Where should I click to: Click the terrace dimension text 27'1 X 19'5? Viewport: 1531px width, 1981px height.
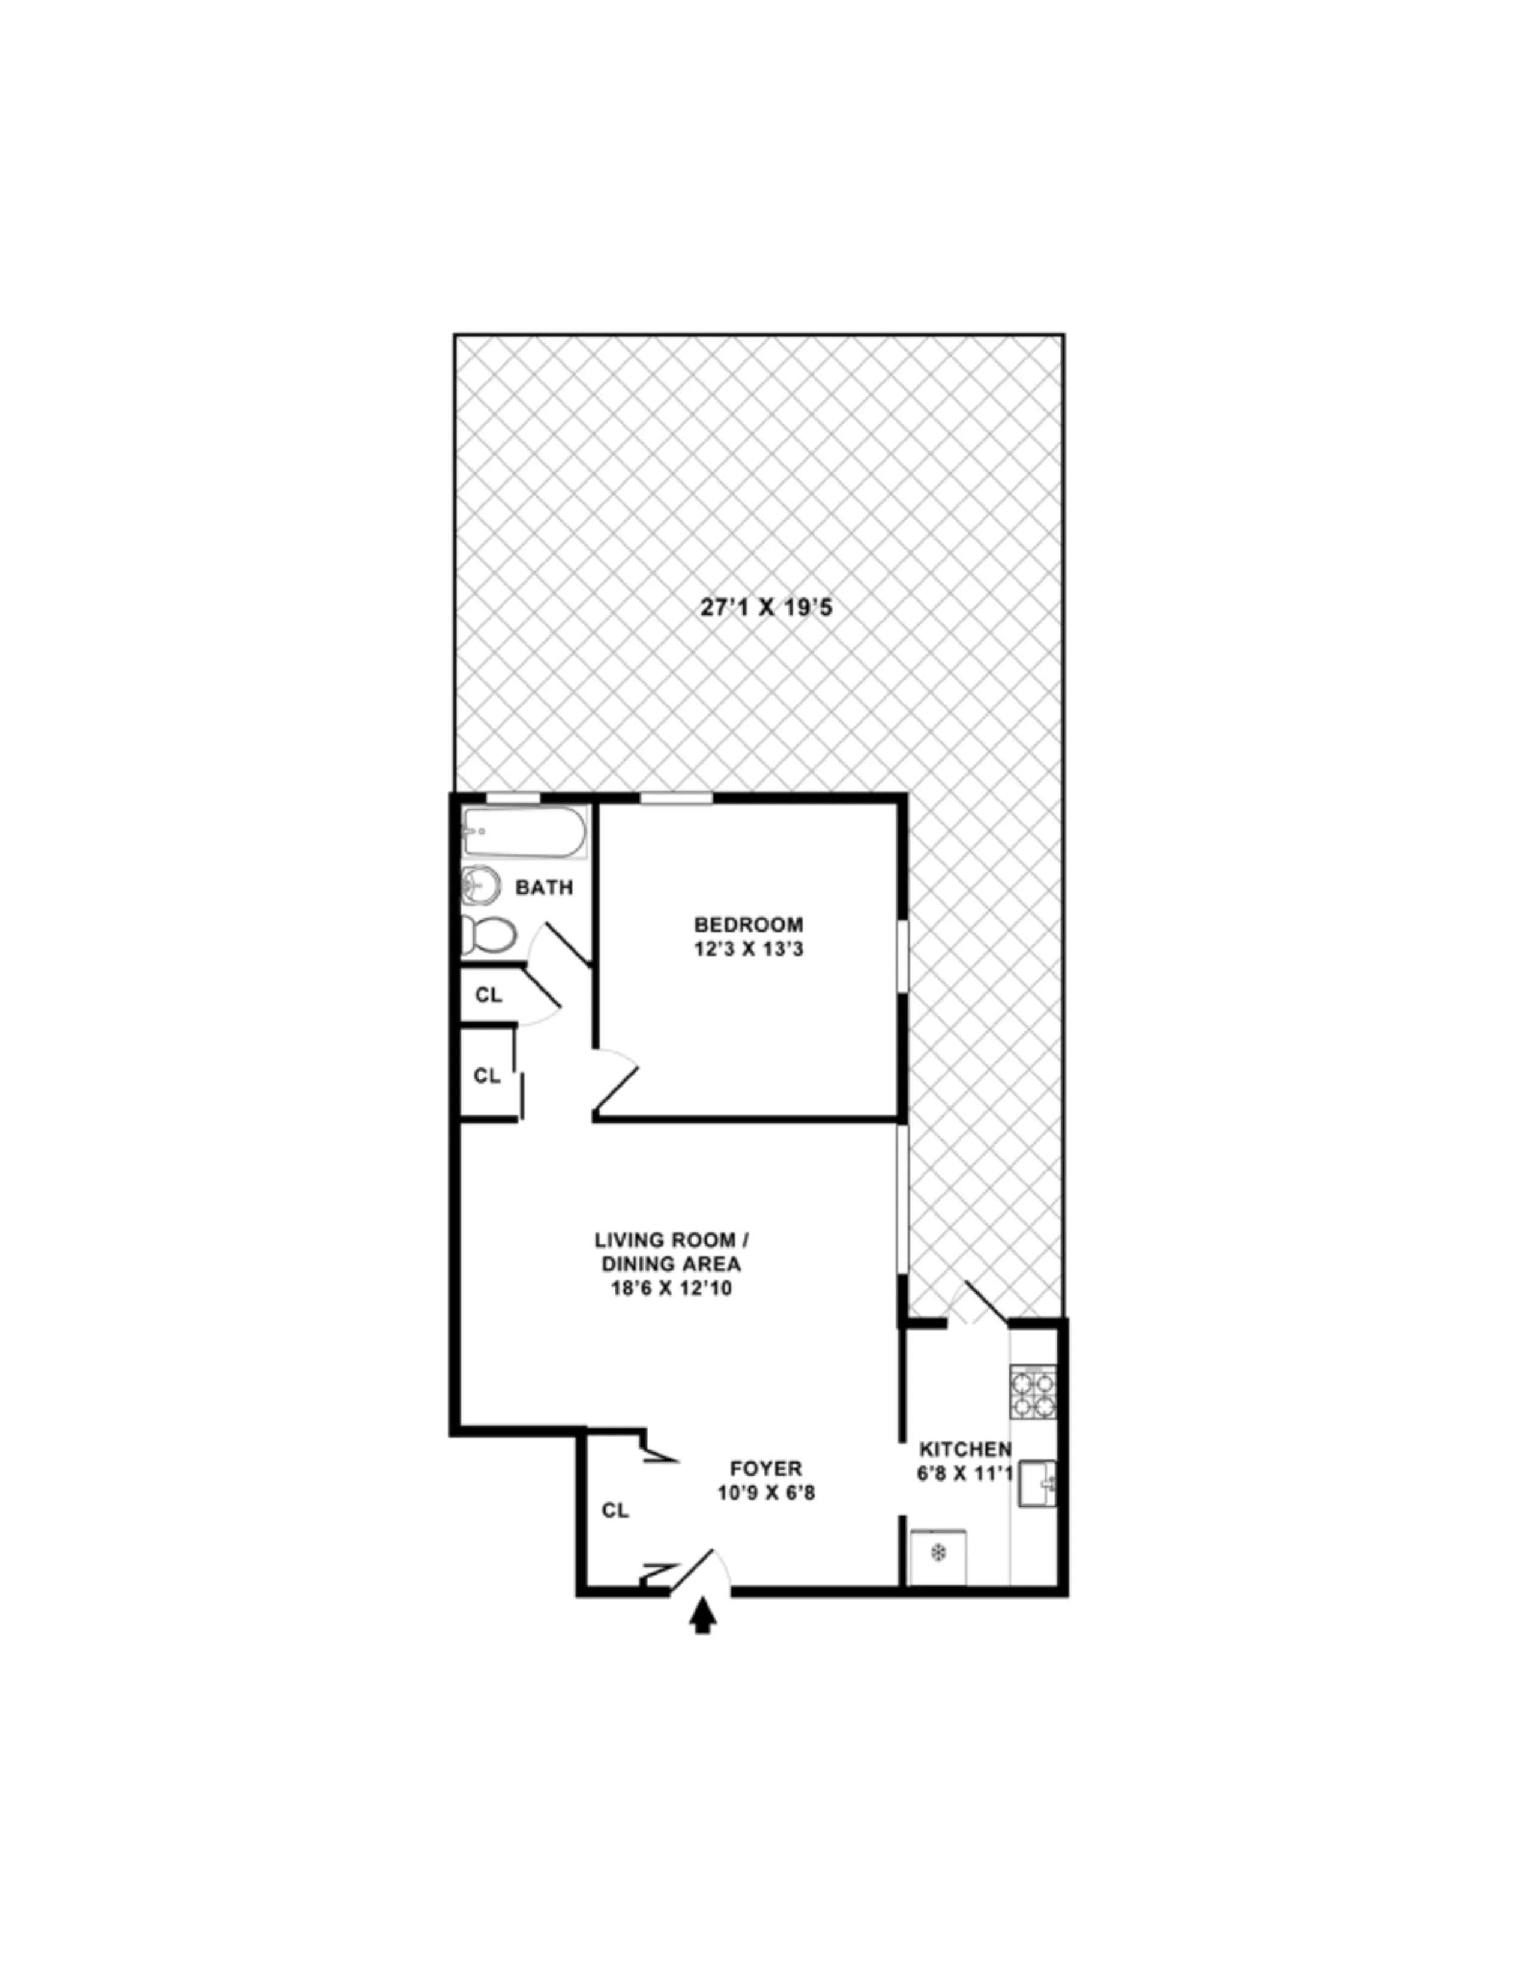pos(765,607)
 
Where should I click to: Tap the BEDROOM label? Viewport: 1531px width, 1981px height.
pos(748,924)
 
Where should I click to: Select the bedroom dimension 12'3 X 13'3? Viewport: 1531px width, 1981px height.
pos(748,950)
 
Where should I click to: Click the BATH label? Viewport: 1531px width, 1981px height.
pos(544,887)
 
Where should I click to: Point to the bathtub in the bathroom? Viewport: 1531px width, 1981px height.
pos(524,832)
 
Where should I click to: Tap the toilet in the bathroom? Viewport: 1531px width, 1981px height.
pos(490,934)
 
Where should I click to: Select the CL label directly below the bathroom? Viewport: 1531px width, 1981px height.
pos(488,995)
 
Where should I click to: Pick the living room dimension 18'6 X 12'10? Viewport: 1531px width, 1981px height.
pos(671,1288)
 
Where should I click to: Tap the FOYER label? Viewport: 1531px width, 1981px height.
pos(765,1468)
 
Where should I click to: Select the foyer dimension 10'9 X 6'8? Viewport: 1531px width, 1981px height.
pos(765,1492)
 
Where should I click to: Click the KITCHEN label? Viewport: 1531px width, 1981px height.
pos(965,1449)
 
